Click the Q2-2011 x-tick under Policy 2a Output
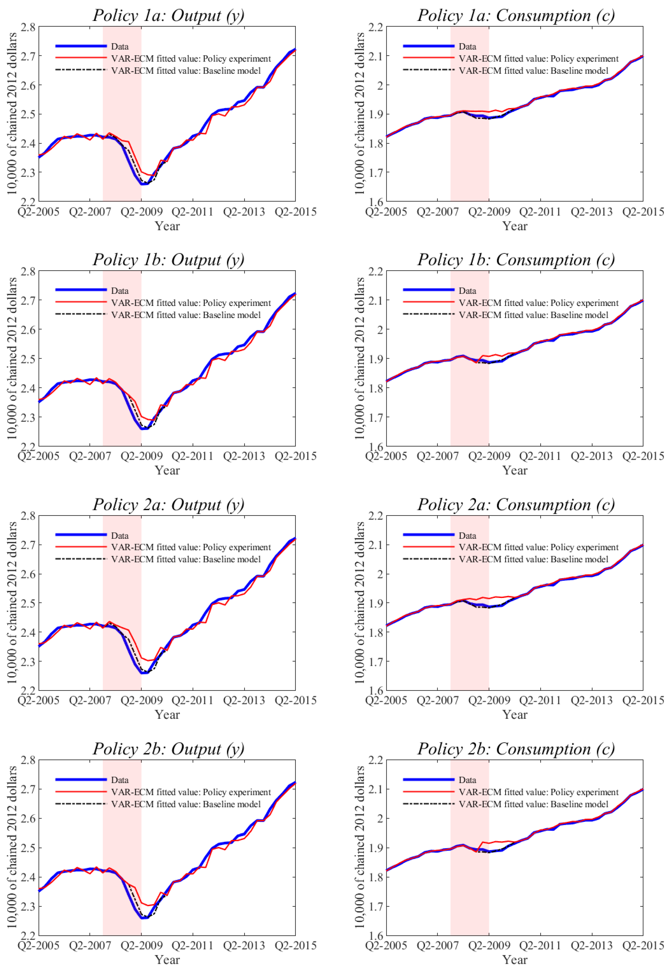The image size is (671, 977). click(193, 700)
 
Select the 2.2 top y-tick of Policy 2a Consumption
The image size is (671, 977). click(376, 516)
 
